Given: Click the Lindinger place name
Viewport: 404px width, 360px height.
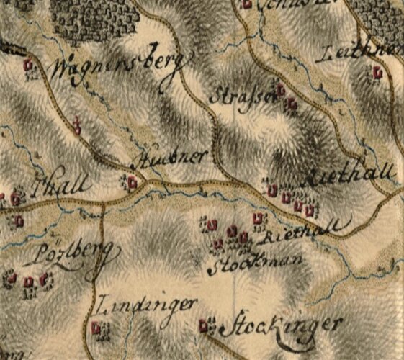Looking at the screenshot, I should pos(144,305).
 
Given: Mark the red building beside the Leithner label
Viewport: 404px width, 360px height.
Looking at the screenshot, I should pos(377,72).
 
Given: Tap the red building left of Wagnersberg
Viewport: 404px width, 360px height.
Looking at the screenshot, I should pos(29,65).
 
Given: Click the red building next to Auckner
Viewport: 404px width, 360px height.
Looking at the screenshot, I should pos(132,183).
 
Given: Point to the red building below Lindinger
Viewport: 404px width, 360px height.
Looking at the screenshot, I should pos(96,329).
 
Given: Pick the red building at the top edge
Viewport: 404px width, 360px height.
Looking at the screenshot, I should pos(247,4).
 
